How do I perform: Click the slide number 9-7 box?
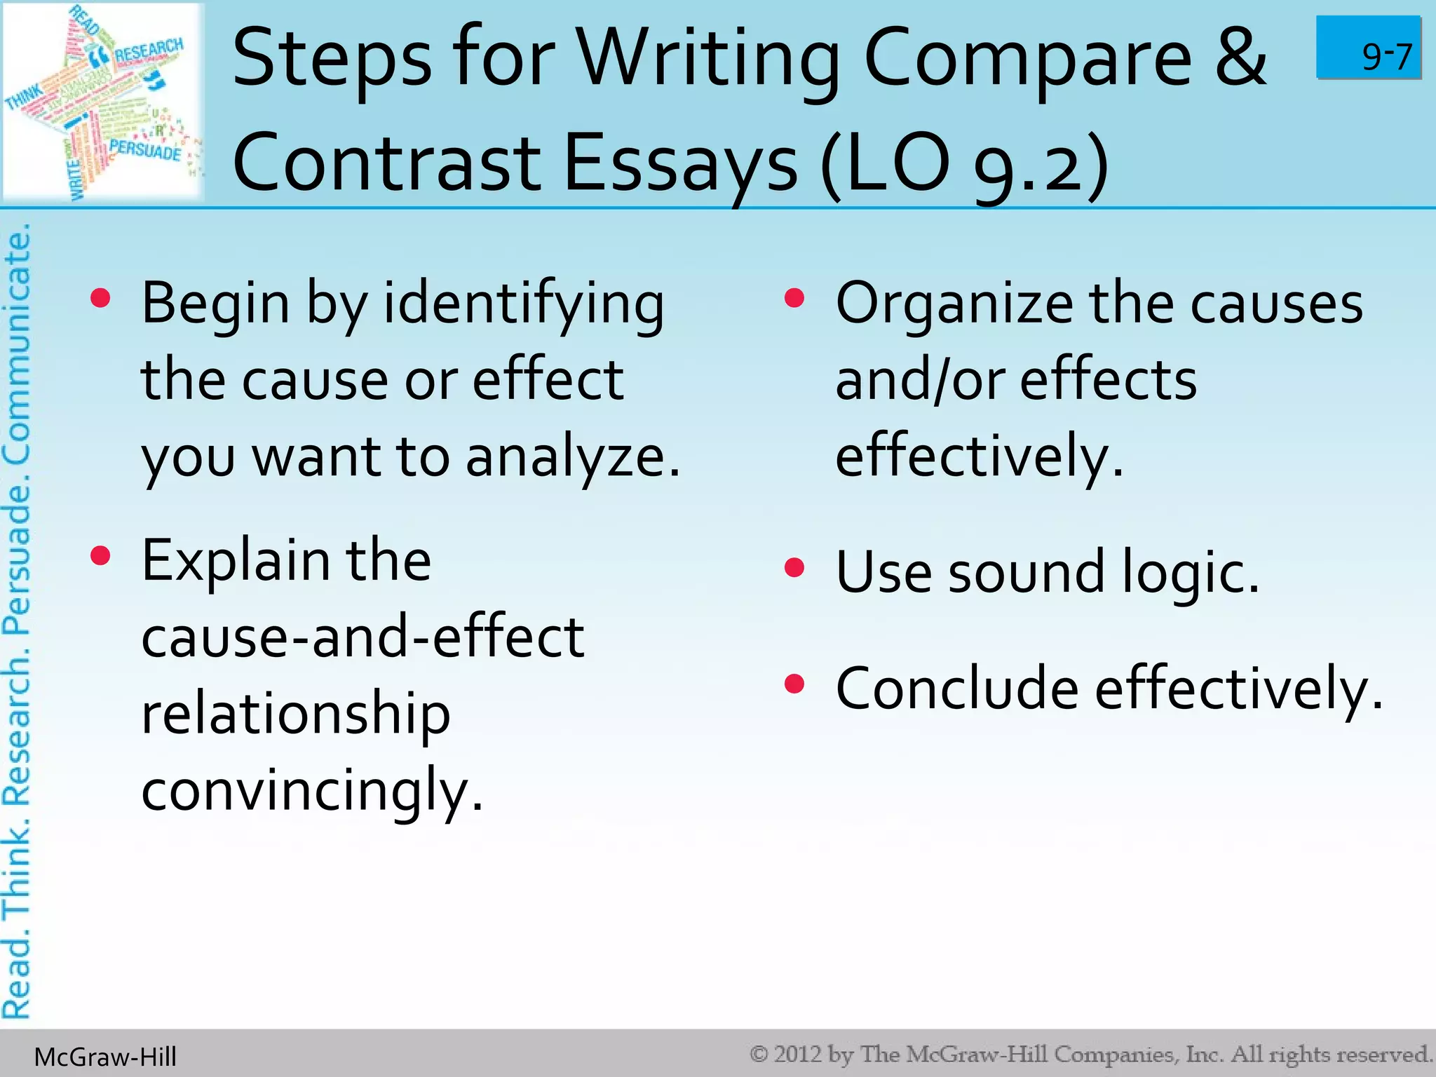point(1368,48)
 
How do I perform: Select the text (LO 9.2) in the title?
point(963,164)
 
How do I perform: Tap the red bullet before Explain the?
point(101,556)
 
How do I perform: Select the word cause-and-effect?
point(363,637)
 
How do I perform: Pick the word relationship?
point(295,714)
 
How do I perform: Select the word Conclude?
point(957,689)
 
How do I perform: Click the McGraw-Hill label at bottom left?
point(105,1057)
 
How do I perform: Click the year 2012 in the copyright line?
point(797,1054)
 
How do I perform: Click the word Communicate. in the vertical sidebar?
point(18,344)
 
